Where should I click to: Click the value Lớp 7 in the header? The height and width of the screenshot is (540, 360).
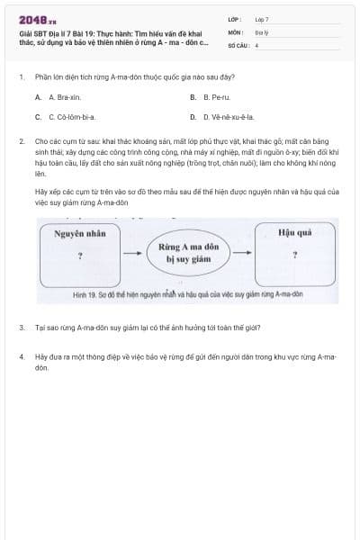tap(262, 19)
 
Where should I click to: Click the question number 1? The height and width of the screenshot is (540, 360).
tap(21, 77)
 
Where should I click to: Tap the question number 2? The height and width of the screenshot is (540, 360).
tap(21, 141)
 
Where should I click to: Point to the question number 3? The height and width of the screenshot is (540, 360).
tap(21, 328)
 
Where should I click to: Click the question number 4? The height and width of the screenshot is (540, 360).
tap(21, 356)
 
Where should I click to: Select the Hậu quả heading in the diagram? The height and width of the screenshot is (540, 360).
tap(295, 231)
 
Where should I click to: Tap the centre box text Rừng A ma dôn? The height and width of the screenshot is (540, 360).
tap(188, 246)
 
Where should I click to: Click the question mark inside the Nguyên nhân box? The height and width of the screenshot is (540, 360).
tap(79, 256)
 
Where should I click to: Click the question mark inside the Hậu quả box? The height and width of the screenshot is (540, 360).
tap(295, 254)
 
